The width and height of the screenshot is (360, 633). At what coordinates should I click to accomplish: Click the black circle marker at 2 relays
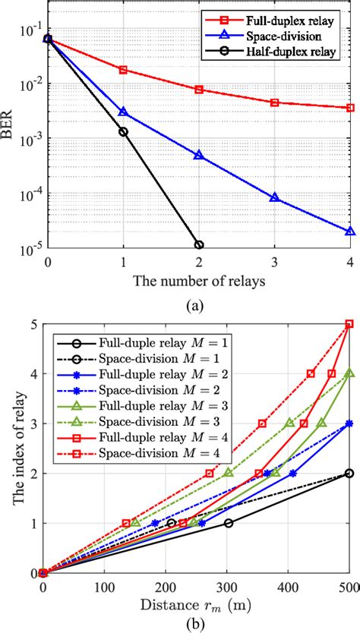(199, 245)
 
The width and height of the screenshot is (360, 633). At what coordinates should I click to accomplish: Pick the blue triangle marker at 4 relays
(350, 231)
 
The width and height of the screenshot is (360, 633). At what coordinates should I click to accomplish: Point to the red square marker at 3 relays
(275, 102)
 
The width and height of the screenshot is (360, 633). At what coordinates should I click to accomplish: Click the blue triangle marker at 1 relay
(124, 112)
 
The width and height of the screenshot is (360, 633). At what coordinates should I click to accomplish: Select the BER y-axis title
(8, 125)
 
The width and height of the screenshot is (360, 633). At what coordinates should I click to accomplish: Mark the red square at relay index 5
(349, 324)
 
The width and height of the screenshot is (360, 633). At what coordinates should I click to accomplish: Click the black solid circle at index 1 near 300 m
(229, 523)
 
